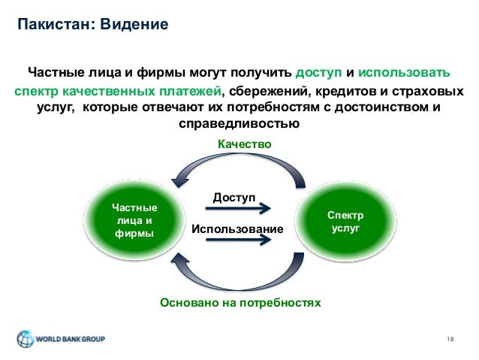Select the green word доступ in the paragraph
[318, 74]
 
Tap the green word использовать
[405, 74]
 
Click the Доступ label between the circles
[234, 196]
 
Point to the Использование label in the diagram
[238, 228]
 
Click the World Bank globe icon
[27, 338]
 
